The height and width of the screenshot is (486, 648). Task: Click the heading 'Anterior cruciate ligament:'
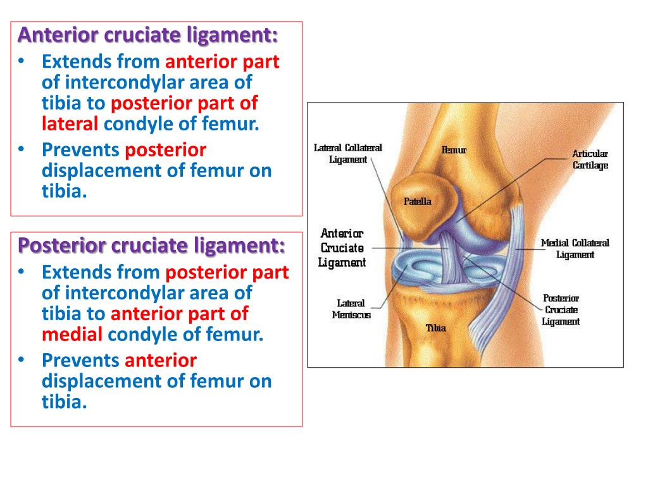click(x=148, y=35)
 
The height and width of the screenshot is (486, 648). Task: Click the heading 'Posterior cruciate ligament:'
click(x=152, y=245)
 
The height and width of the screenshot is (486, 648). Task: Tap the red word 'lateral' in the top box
click(x=70, y=123)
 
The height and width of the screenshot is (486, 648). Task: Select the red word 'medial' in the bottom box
click(x=72, y=334)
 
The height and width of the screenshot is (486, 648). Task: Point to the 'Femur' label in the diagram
click(x=454, y=150)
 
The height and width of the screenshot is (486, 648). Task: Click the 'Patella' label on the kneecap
click(x=418, y=202)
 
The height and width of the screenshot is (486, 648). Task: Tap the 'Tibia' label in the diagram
click(x=435, y=328)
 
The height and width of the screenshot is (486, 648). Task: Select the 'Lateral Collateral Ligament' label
click(x=348, y=154)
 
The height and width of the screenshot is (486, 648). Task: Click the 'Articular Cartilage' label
click(x=590, y=159)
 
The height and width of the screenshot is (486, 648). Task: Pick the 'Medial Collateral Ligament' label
click(x=575, y=249)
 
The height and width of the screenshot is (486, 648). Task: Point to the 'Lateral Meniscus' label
click(x=351, y=309)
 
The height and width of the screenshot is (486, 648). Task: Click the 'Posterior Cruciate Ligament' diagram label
click(x=561, y=309)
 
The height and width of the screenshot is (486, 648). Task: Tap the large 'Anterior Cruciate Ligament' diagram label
click(x=342, y=247)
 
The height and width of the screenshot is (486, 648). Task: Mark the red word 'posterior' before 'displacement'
click(x=166, y=150)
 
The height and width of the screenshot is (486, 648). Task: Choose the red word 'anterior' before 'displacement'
click(x=161, y=361)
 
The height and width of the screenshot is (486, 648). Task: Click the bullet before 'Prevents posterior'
click(x=21, y=150)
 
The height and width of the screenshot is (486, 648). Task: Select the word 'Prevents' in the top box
click(x=80, y=150)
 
